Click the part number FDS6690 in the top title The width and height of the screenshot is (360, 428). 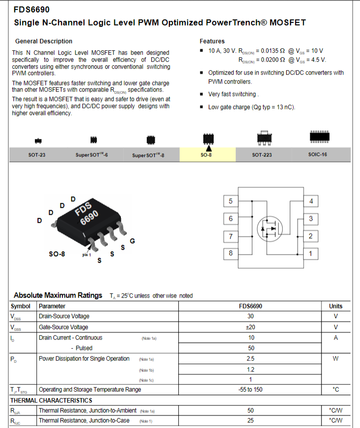click(x=31, y=9)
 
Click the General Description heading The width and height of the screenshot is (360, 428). click(x=43, y=41)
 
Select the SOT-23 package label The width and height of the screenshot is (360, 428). click(x=37, y=155)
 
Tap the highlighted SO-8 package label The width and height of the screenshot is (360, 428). click(x=206, y=155)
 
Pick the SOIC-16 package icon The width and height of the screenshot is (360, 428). click(x=320, y=137)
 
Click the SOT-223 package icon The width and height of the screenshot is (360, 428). click(x=264, y=138)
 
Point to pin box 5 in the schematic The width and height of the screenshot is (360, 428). click(x=231, y=201)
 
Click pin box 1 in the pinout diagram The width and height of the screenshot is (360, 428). click(x=311, y=254)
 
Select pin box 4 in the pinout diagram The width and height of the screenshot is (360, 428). click(x=311, y=201)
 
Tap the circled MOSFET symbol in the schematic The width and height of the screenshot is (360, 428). click(x=270, y=229)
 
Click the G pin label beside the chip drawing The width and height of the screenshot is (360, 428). click(x=132, y=241)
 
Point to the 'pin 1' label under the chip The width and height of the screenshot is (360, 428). click(x=86, y=255)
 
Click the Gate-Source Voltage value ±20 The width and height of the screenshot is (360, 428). click(x=250, y=327)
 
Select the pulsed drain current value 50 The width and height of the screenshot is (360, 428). click(x=251, y=348)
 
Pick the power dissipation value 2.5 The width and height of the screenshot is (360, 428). click(x=250, y=359)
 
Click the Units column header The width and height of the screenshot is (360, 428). click(x=336, y=306)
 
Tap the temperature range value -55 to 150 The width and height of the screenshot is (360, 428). click(x=250, y=390)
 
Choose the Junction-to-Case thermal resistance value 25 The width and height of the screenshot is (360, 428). click(x=250, y=421)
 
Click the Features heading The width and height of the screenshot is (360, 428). click(x=212, y=41)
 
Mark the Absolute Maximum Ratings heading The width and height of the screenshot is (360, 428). click(x=58, y=295)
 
